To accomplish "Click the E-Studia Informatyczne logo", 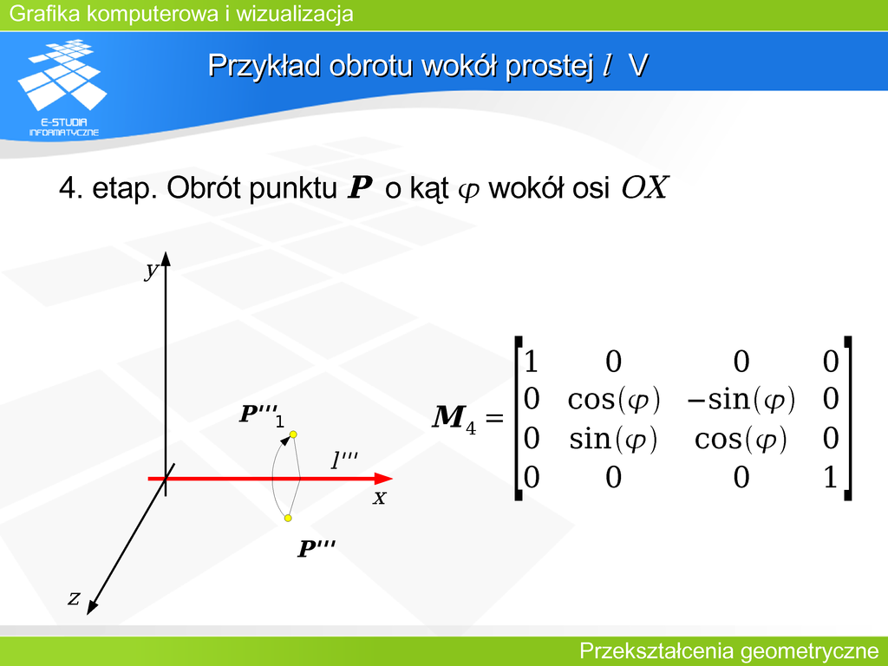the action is (62, 88).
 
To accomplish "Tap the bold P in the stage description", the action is (360, 187).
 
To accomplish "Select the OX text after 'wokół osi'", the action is (645, 187).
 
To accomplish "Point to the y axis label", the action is (151, 270).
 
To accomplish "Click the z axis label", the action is (74, 597).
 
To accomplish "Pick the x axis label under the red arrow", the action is (379, 498).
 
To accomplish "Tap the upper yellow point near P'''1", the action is (293, 434).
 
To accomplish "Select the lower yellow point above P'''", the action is (288, 518).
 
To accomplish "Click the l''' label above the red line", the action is (343, 460).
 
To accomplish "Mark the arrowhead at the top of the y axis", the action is (166, 258).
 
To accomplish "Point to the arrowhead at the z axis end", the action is (92, 606).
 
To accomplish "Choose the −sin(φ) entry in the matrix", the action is (741, 399).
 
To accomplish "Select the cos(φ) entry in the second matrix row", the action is (614, 399).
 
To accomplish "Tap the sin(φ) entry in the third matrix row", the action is (613, 439).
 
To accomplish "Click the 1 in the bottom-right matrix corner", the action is (830, 477).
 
